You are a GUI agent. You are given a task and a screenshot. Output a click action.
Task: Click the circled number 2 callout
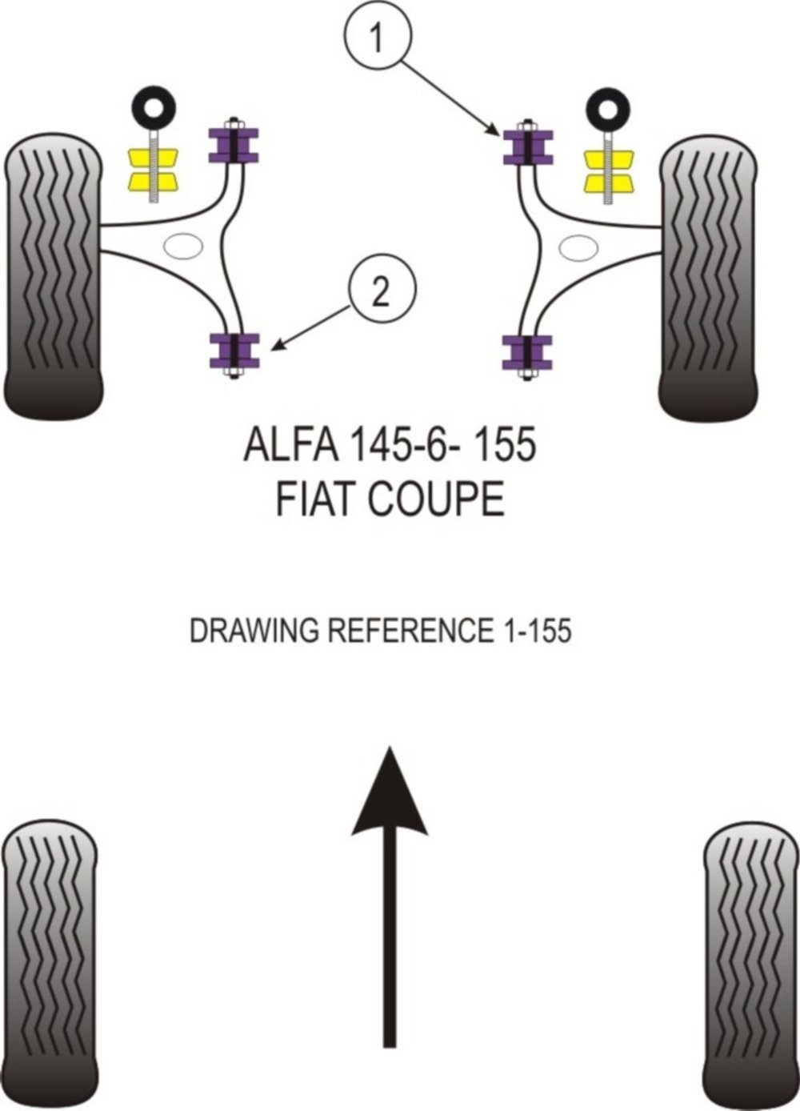tap(381, 294)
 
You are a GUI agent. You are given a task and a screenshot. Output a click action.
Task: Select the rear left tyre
tap(50, 961)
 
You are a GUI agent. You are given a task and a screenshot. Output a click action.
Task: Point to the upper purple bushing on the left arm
tap(234, 144)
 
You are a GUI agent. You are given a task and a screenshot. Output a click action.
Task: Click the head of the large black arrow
tap(389, 792)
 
